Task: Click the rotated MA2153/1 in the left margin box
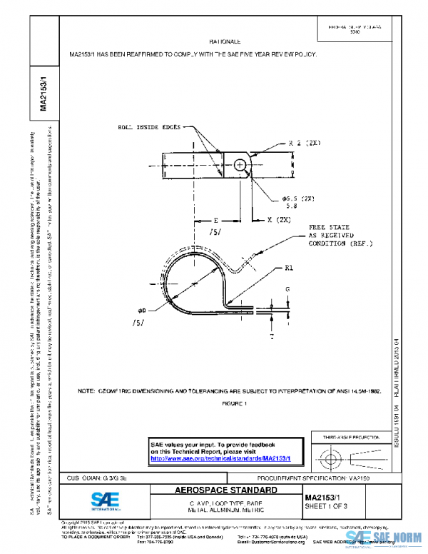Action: click(43, 92)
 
